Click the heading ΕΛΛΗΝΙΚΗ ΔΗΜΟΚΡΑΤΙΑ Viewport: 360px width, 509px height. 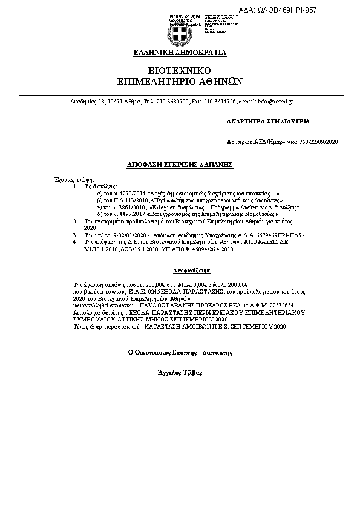(180, 53)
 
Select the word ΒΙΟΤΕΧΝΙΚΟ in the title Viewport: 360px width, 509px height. (180, 70)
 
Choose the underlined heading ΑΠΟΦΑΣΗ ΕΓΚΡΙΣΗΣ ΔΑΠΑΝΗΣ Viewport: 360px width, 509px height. (180, 165)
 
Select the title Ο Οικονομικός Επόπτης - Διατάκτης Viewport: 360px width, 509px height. (179, 352)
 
